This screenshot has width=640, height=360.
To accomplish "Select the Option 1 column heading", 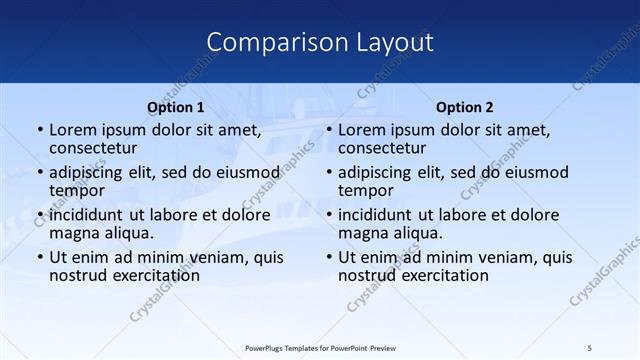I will [176, 106].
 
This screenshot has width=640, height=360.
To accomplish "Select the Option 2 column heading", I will [464, 106].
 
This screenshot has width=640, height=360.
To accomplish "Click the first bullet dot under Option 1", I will [39, 130].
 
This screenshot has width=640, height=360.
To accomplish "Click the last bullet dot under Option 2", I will [328, 257].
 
